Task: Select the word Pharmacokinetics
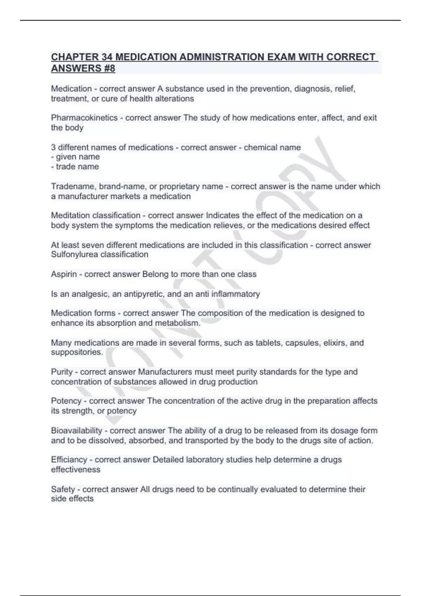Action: [84, 118]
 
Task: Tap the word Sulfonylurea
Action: [75, 255]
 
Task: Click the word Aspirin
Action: [64, 274]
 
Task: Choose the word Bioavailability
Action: [76, 431]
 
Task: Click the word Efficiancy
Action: [69, 460]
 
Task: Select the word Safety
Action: [63, 489]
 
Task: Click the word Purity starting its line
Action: [62, 372]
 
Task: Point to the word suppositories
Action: [77, 352]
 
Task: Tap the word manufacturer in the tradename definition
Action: [83, 196]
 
